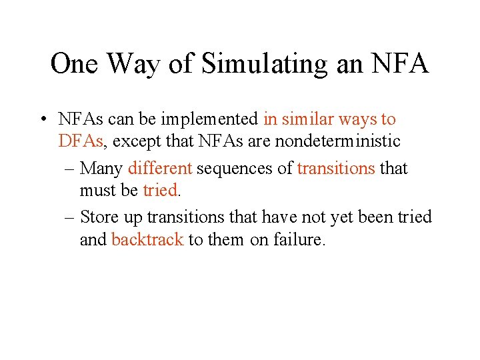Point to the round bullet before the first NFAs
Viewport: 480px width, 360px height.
[x=43, y=120]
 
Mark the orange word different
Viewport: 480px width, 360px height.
[x=160, y=168]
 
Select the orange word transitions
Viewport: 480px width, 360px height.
[x=336, y=168]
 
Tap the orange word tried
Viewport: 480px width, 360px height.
[x=160, y=190]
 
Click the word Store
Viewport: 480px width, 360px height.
[x=111, y=217]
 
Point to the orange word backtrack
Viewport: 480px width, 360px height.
[x=147, y=239]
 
